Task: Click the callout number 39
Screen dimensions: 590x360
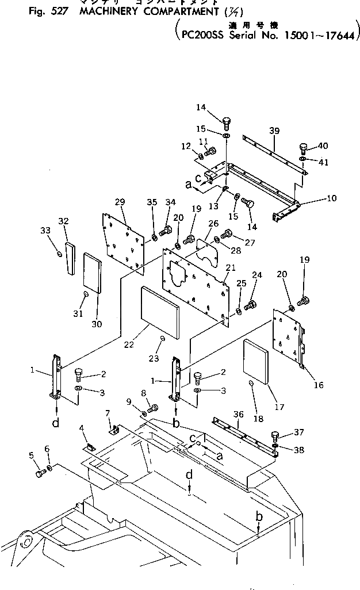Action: (274, 131)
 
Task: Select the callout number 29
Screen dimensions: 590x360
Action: (120, 201)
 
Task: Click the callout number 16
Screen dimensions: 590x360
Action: (319, 385)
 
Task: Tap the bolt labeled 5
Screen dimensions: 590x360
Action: (41, 473)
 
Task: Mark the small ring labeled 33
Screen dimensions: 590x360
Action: (60, 254)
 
